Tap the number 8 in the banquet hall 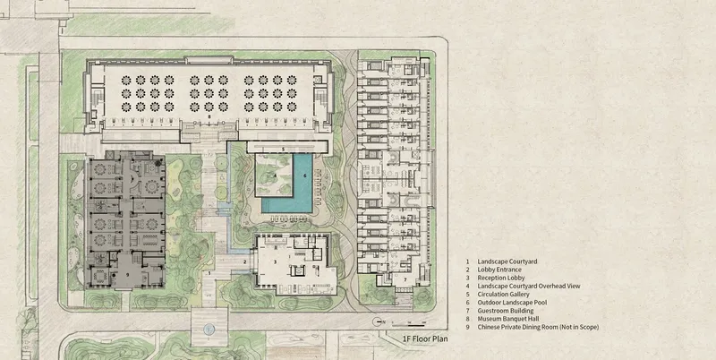point(209,117)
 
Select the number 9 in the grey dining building point(127,274)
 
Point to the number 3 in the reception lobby point(275,261)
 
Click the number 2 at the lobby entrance point(244,261)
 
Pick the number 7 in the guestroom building point(405,279)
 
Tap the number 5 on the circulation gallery point(283,149)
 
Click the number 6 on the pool point(304,175)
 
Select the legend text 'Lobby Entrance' point(500,270)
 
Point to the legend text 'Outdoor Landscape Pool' point(512,303)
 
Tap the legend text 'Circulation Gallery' point(504,295)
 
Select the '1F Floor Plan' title point(424,339)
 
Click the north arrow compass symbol point(377,321)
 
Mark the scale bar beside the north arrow point(409,324)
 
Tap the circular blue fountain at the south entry point(209,329)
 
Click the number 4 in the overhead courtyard point(276,175)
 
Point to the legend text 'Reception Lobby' point(501,278)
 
